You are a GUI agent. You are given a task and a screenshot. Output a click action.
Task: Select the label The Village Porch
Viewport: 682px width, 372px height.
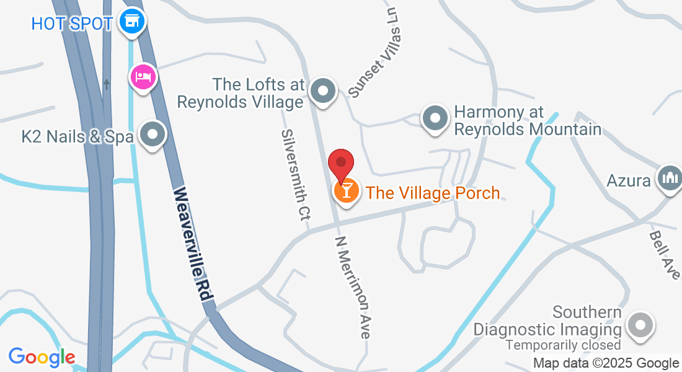[x=433, y=193]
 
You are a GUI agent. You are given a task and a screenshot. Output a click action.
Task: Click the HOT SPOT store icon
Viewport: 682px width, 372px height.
[x=131, y=22]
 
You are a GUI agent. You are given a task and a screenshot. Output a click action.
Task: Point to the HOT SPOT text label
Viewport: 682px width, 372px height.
[x=71, y=24]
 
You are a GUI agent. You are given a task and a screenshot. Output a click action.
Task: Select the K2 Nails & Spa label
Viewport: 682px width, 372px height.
[x=77, y=136]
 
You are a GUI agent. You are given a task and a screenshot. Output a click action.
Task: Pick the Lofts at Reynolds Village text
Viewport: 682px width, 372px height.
[x=242, y=93]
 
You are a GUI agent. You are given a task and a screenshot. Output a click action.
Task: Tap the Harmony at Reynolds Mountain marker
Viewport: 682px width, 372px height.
[x=435, y=117]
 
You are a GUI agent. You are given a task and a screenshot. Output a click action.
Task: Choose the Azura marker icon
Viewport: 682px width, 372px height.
[x=670, y=179]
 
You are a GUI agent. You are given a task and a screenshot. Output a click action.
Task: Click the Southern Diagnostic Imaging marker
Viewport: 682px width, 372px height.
[x=640, y=325]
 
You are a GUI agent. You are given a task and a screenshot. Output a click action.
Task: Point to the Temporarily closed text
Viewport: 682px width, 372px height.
[x=563, y=345]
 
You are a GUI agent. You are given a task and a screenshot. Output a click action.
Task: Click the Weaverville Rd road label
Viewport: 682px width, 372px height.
[x=193, y=244]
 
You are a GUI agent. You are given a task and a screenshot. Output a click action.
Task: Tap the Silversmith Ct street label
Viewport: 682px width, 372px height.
[x=296, y=175]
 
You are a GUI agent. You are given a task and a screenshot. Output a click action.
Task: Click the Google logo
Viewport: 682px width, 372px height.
[x=42, y=356]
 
